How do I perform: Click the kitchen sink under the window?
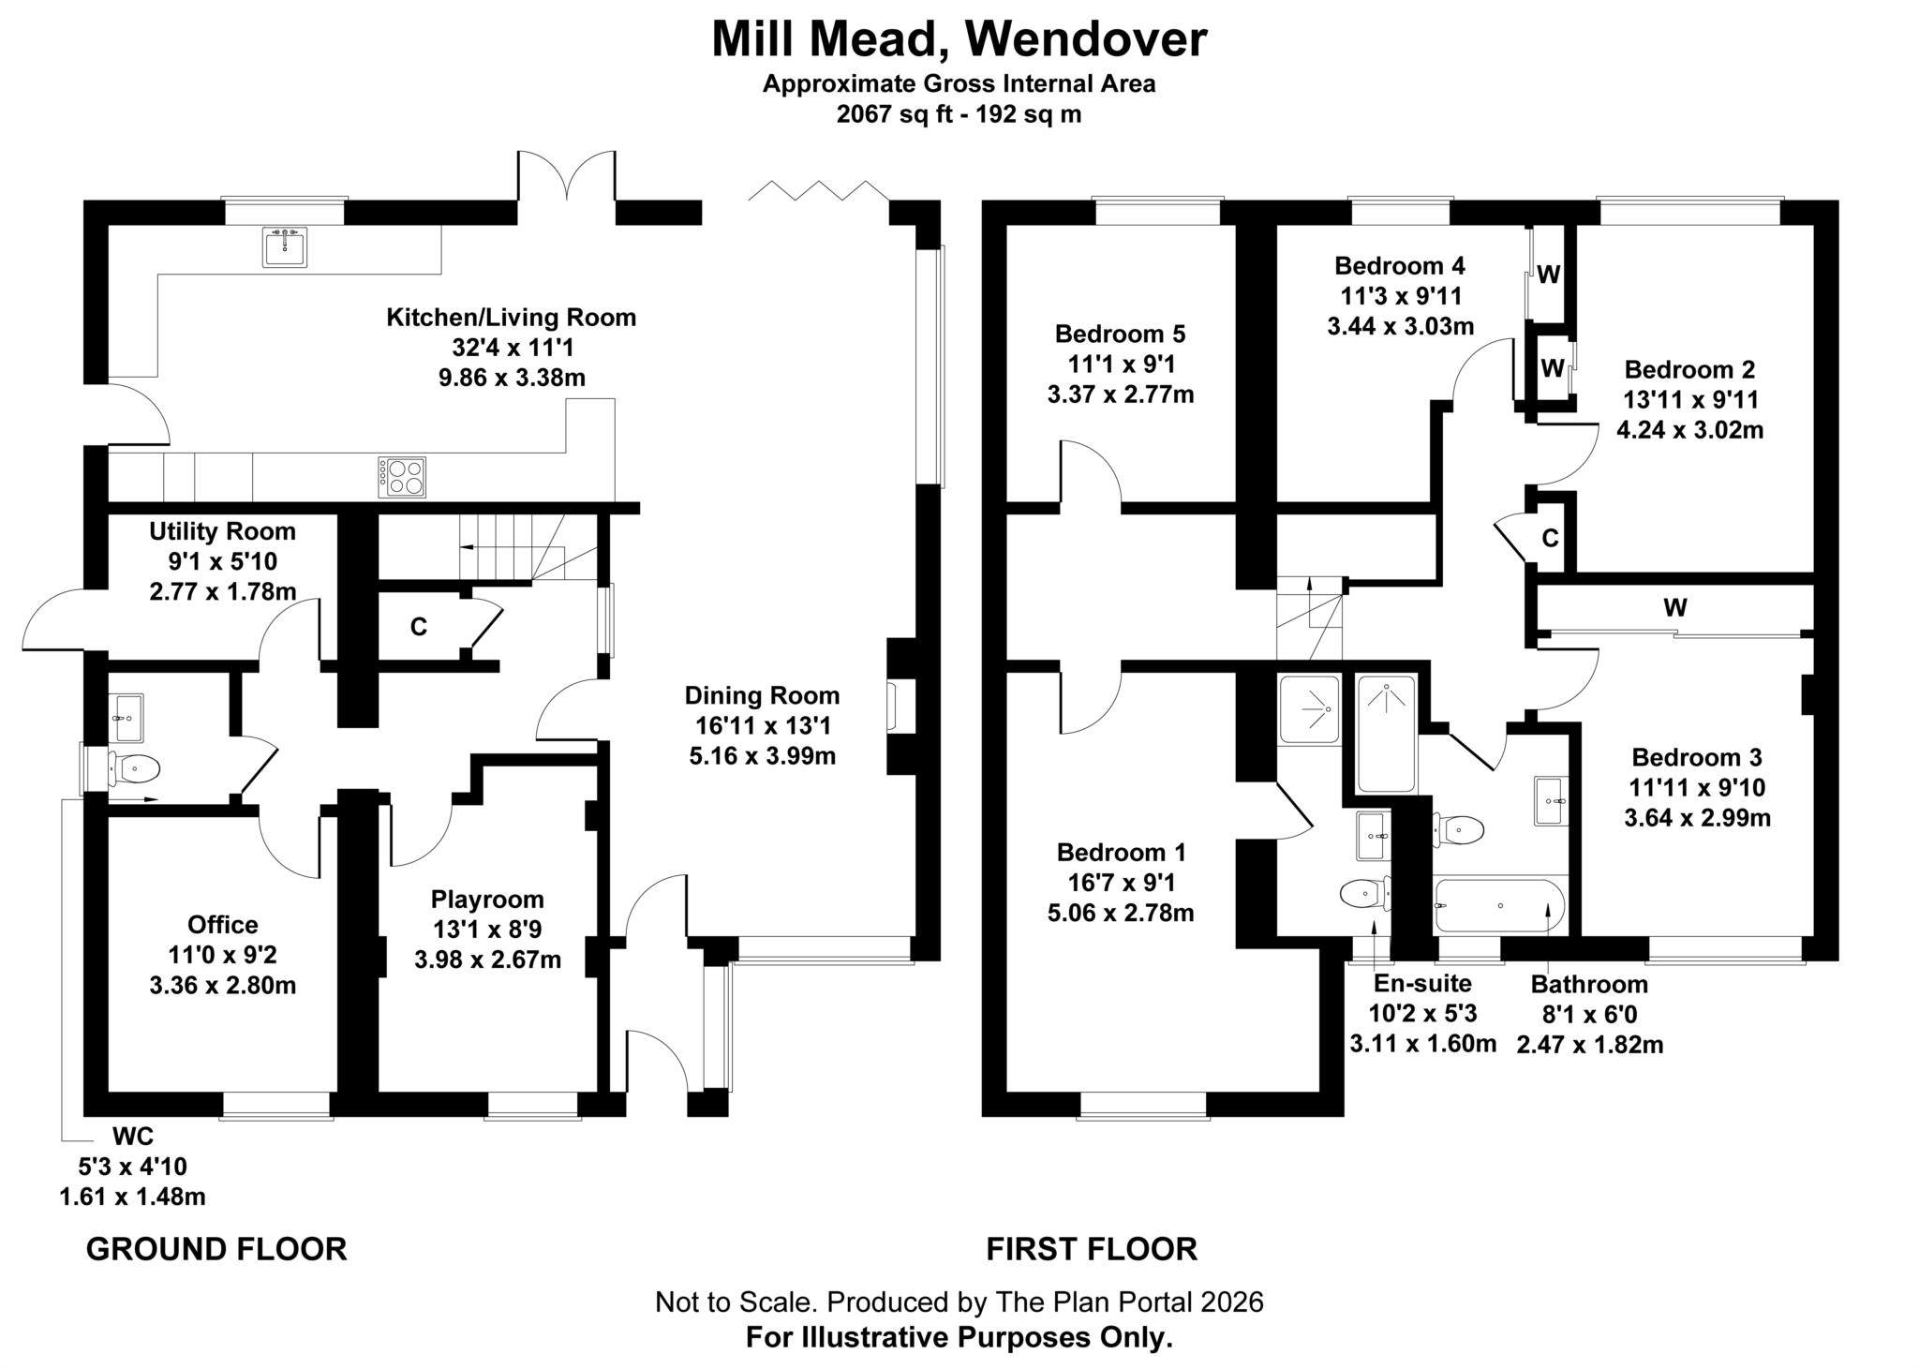pyautogui.click(x=284, y=247)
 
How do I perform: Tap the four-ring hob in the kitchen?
pyautogui.click(x=402, y=477)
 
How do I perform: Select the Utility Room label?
pyautogui.click(x=222, y=532)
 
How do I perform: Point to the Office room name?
pyautogui.click(x=222, y=925)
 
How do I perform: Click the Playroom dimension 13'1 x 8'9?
pyautogui.click(x=487, y=930)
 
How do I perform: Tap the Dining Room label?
pyautogui.click(x=762, y=695)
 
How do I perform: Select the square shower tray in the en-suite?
pyautogui.click(x=1309, y=710)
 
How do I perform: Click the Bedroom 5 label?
pyautogui.click(x=1120, y=334)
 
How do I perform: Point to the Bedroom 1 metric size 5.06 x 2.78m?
pyautogui.click(x=1121, y=913)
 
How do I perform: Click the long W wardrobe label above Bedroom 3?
pyautogui.click(x=1675, y=608)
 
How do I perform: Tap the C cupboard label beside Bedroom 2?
pyautogui.click(x=1550, y=539)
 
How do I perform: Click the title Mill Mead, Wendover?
pyautogui.click(x=959, y=39)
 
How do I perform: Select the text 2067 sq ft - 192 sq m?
pyautogui.click(x=959, y=114)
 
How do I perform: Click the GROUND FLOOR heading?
pyautogui.click(x=216, y=1249)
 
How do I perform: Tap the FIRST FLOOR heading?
pyautogui.click(x=1092, y=1249)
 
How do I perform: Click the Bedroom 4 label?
pyautogui.click(x=1399, y=265)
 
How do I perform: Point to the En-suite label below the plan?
pyautogui.click(x=1422, y=983)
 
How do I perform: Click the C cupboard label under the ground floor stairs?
pyautogui.click(x=419, y=627)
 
